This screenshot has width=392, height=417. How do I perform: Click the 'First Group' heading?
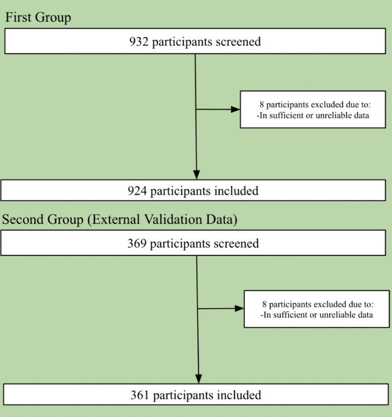click(x=38, y=18)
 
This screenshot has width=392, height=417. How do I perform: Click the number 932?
click(x=140, y=42)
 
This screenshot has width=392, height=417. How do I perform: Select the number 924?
click(x=137, y=191)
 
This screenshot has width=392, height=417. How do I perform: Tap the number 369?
click(x=137, y=243)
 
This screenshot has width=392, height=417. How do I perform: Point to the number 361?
click(x=140, y=395)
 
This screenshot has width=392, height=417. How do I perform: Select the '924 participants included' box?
click(x=193, y=191)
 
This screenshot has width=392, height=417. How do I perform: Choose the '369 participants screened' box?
click(x=193, y=243)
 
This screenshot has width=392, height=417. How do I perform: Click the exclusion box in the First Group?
click(x=312, y=109)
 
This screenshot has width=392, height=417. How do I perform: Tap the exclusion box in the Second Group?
click(x=316, y=309)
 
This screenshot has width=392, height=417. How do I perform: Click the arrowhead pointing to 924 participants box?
click(x=196, y=175)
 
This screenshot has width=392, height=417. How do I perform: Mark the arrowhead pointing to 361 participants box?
click(x=198, y=379)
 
